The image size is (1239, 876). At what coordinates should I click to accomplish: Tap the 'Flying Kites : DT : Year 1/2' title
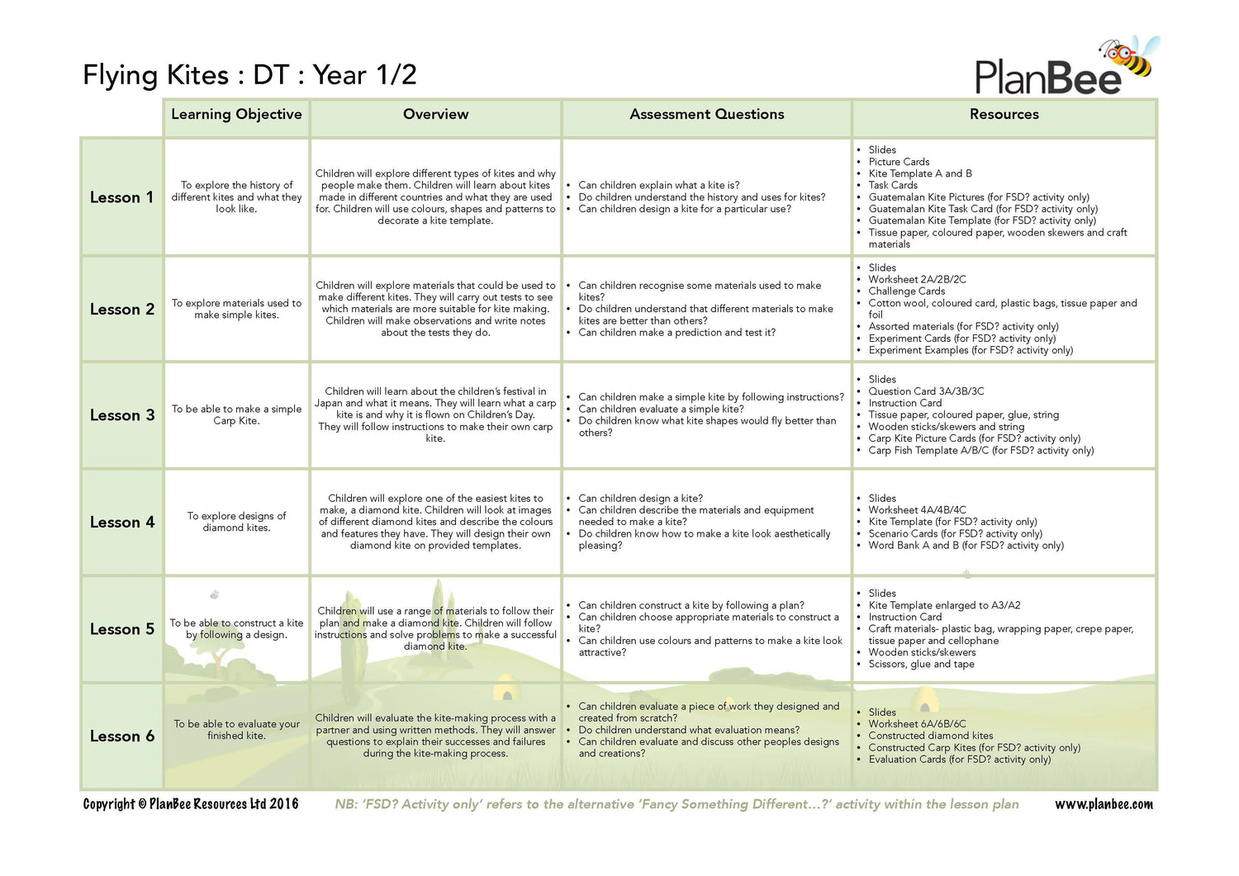click(249, 75)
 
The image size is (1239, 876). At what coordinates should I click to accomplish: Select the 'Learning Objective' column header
click(236, 115)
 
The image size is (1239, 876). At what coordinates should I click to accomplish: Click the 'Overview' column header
click(435, 115)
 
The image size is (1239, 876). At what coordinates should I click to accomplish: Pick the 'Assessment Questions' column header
click(706, 115)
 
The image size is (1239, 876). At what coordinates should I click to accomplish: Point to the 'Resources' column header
click(1004, 115)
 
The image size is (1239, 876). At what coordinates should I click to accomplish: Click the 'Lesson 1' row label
click(121, 197)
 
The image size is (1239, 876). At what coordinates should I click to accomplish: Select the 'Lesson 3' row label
click(122, 415)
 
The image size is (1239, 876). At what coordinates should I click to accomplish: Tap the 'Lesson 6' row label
click(122, 736)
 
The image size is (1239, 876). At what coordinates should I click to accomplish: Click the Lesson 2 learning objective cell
click(236, 309)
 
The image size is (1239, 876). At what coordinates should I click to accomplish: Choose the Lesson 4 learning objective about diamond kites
click(236, 522)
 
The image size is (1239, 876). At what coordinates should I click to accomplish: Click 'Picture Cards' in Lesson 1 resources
click(899, 162)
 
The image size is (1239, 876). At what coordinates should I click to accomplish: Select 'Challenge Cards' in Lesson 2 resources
click(906, 291)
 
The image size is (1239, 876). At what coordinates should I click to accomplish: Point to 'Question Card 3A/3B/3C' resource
click(926, 391)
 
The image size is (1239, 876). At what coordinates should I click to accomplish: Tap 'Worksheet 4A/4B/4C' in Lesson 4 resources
click(917, 510)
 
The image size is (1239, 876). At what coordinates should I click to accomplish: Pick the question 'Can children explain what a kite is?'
click(658, 186)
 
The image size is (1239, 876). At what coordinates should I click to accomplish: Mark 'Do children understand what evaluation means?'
click(689, 730)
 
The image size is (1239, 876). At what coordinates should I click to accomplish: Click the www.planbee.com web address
click(1104, 804)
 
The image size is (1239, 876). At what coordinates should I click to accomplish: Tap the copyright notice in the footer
click(191, 804)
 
